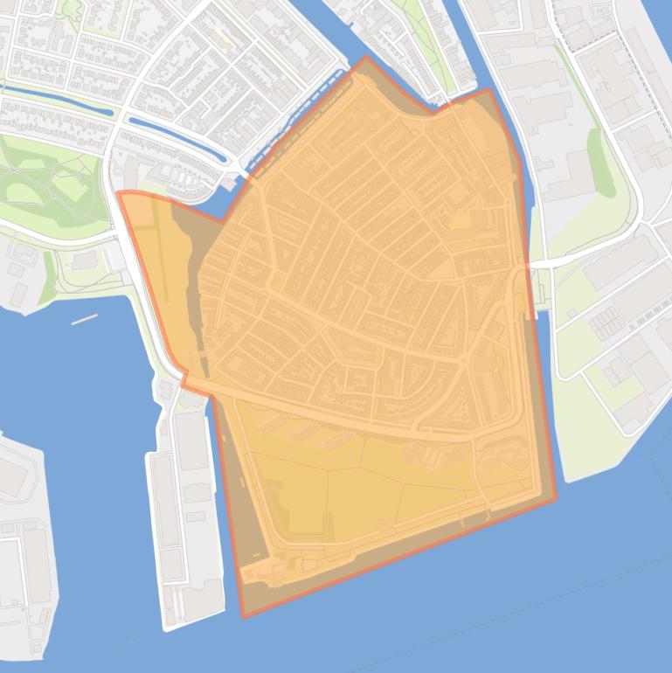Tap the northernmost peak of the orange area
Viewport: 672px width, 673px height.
point(366,58)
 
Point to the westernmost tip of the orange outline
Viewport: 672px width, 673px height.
point(118,192)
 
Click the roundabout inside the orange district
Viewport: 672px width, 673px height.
point(465,360)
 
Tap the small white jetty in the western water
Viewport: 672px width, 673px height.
point(84,319)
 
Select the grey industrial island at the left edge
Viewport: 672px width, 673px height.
point(22,542)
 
